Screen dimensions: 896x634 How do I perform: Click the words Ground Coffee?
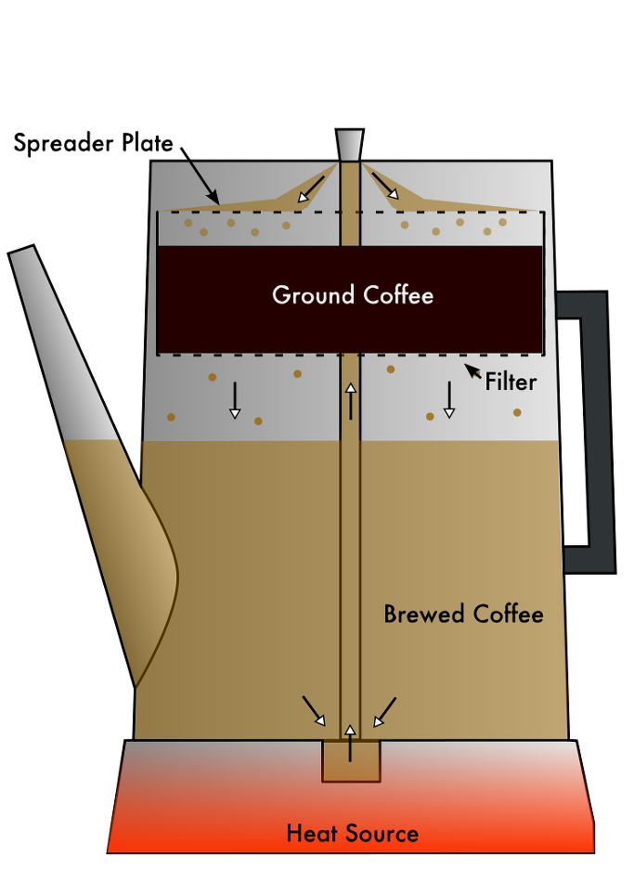[352, 295]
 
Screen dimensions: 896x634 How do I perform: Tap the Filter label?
[511, 381]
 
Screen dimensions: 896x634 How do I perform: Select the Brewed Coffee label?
[463, 614]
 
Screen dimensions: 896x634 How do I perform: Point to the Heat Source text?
[352, 833]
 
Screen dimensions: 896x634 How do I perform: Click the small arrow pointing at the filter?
[473, 372]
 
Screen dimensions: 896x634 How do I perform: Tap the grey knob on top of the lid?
[350, 146]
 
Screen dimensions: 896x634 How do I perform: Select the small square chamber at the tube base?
[351, 761]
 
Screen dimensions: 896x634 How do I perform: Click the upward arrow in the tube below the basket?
[351, 400]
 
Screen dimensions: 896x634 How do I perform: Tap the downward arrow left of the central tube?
[235, 399]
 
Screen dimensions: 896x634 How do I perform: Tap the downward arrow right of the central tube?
[449, 399]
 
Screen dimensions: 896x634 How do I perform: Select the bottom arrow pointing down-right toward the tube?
[314, 710]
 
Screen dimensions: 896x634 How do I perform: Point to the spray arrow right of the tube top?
[385, 186]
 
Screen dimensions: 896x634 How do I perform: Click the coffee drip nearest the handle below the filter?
[517, 412]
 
